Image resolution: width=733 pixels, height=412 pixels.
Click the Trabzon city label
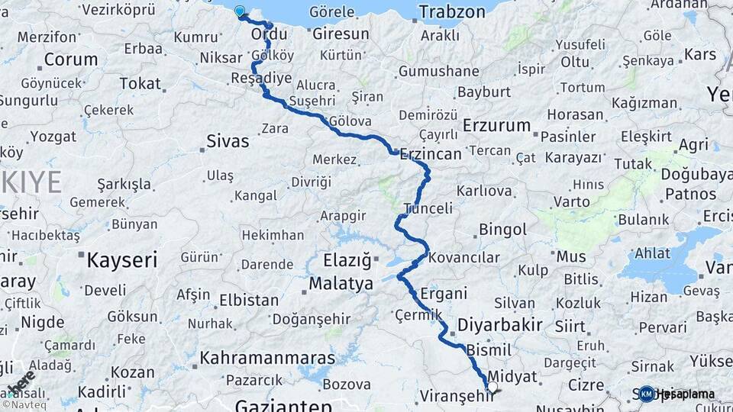click(x=452, y=12)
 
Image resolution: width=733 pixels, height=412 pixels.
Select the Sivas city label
click(x=228, y=141)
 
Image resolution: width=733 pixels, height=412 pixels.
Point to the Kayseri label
click(x=121, y=259)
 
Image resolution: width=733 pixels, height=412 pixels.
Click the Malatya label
click(x=341, y=284)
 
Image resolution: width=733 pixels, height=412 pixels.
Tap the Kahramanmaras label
click(x=267, y=358)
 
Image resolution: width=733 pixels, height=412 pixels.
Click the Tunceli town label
click(x=428, y=208)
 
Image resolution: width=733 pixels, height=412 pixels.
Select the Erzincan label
click(x=430, y=153)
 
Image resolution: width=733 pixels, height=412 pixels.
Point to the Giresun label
click(x=341, y=34)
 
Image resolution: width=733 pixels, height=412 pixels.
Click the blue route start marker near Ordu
click(x=240, y=11)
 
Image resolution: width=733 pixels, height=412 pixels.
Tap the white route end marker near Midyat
click(x=492, y=388)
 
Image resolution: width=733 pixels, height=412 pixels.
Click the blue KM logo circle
click(x=647, y=394)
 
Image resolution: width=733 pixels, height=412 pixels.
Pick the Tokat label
click(x=141, y=84)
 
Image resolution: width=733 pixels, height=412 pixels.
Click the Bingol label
click(x=502, y=230)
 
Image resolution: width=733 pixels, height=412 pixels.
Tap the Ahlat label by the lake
click(x=652, y=253)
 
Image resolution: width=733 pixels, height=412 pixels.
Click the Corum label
click(x=70, y=60)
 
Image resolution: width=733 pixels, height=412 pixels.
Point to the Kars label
click(x=699, y=54)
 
